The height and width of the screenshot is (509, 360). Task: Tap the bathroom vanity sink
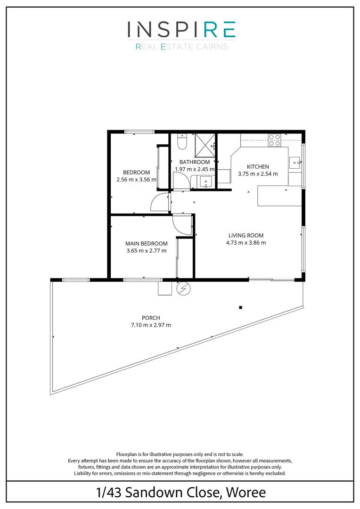click(206, 182)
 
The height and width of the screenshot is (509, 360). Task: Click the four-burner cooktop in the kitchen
click(275, 140)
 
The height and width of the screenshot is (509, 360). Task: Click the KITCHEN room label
click(258, 166)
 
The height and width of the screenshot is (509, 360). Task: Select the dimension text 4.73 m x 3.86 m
click(246, 243)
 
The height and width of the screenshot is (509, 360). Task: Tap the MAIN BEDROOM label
click(147, 243)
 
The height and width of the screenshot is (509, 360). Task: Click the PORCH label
click(151, 318)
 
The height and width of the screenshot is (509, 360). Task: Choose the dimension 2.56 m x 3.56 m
click(136, 179)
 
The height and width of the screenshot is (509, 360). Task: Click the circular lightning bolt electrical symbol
click(182, 289)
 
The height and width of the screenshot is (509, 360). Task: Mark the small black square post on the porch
click(240, 307)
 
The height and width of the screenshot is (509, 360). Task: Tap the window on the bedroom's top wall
click(139, 131)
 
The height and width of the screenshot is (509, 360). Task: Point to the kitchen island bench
click(279, 196)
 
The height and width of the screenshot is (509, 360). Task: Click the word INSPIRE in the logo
click(181, 30)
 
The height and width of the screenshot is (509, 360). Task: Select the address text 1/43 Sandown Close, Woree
click(180, 493)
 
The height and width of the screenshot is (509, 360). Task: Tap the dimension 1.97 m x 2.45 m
click(195, 169)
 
